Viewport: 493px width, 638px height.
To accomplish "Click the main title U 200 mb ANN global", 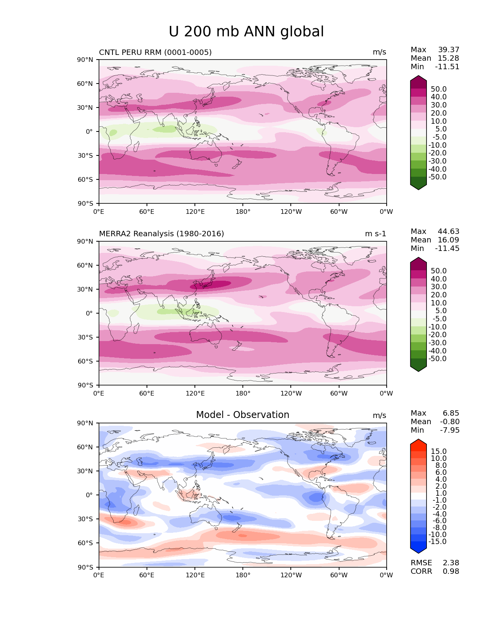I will click(x=246, y=32).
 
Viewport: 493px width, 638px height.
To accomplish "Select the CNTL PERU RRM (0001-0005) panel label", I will click(x=155, y=52).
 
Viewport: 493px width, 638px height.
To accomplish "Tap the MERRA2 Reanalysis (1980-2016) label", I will click(x=161, y=234).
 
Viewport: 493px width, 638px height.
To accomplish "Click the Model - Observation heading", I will click(x=242, y=415).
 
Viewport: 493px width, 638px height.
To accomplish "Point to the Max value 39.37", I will click(x=449, y=50).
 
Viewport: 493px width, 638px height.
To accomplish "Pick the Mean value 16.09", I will click(x=449, y=240).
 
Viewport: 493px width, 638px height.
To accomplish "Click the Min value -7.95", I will click(x=450, y=430).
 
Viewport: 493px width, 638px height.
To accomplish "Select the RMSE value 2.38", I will click(x=451, y=563).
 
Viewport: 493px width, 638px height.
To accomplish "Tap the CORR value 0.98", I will click(x=451, y=571).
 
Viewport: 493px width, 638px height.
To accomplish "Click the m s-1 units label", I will click(x=375, y=234).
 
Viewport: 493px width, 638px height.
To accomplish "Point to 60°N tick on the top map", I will click(x=85, y=84).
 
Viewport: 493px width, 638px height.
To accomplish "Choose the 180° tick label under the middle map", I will click(x=243, y=394).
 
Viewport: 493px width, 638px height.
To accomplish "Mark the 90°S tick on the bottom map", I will click(x=85, y=567).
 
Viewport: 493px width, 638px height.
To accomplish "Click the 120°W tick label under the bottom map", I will click(x=291, y=575).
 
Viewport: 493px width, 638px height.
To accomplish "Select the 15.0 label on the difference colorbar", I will click(x=438, y=452).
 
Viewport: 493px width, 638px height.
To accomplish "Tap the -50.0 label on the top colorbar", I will click(x=437, y=177).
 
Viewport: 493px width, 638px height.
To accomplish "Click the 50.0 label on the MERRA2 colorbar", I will click(x=438, y=271).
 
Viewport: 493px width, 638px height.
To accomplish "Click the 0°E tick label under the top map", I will click(x=99, y=212).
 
